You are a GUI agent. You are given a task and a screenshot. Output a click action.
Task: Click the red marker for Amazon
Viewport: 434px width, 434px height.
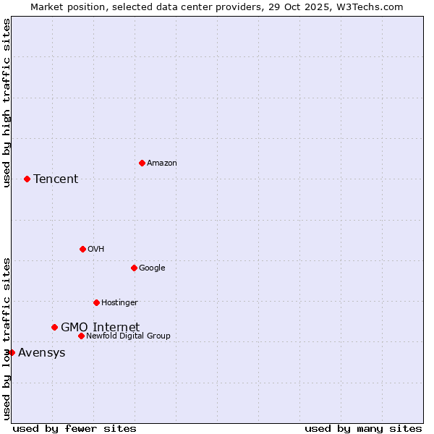pos(142,163)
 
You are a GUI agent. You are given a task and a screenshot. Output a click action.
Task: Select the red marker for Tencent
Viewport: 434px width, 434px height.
pos(27,179)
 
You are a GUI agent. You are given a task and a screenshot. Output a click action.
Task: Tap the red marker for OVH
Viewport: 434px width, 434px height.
pos(82,249)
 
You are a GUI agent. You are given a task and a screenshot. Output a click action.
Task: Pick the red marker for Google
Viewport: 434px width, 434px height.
pos(134,268)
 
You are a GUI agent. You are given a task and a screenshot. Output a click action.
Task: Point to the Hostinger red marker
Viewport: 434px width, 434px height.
pos(96,302)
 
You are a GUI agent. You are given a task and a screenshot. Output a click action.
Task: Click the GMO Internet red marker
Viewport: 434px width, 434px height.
pos(54,327)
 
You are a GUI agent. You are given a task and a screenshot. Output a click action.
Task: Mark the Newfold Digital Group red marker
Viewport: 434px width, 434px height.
pos(81,336)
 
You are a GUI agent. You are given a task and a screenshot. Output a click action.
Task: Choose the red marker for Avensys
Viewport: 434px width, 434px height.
pos(12,352)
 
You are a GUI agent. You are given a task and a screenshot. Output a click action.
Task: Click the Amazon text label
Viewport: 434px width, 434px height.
pos(162,163)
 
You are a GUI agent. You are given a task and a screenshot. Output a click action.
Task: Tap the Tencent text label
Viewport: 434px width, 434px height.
pos(56,179)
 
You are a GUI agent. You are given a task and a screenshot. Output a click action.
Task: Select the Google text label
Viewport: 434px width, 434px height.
pos(152,268)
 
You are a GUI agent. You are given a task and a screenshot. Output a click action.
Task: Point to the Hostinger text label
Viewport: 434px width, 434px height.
pos(119,303)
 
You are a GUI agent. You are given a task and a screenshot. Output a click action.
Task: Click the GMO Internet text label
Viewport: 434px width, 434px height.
pos(100,327)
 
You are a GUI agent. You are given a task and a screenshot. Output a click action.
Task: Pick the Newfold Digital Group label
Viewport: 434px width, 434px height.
pos(128,336)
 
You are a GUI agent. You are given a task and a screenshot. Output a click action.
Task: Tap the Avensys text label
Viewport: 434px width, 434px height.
pos(41,353)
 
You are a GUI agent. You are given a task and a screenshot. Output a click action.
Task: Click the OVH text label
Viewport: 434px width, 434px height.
pos(95,250)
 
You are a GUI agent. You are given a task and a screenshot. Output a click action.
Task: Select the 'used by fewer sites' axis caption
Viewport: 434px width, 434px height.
pos(75,428)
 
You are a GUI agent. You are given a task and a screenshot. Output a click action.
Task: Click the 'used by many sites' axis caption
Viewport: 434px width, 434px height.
pos(363,428)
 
